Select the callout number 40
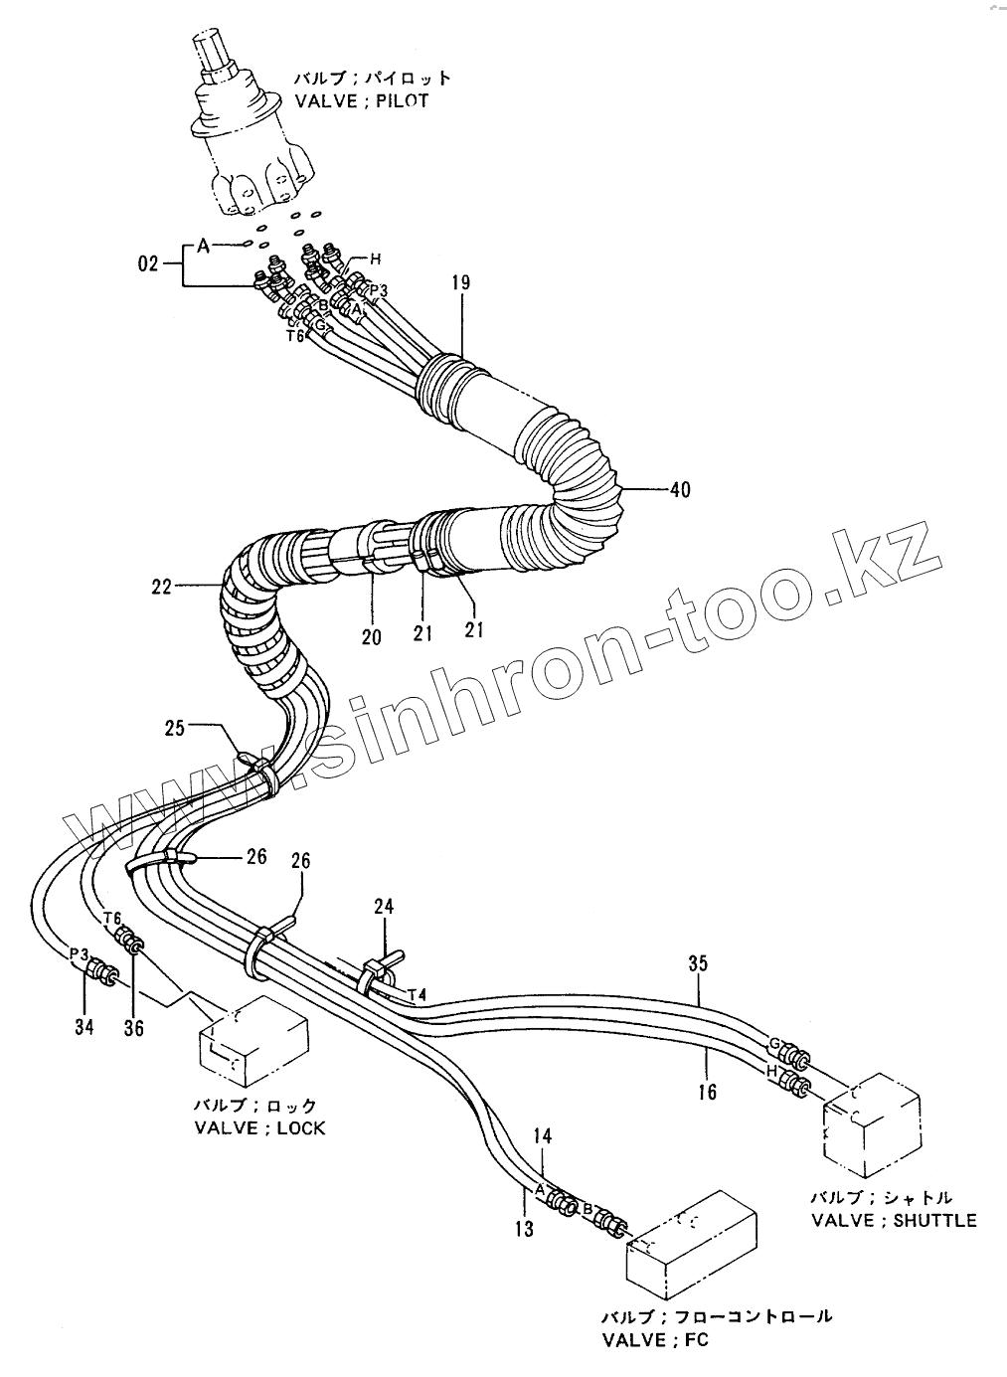(x=680, y=489)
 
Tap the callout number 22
(x=162, y=588)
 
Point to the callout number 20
(x=371, y=637)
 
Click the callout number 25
(x=175, y=728)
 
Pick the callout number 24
(x=384, y=906)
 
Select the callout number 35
(x=698, y=963)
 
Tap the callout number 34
(x=84, y=1026)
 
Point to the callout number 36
(x=133, y=1028)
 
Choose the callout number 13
(x=525, y=1230)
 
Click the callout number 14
(x=543, y=1135)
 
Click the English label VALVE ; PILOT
(x=362, y=101)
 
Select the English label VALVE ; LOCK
(x=259, y=1127)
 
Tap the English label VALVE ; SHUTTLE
(x=894, y=1220)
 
